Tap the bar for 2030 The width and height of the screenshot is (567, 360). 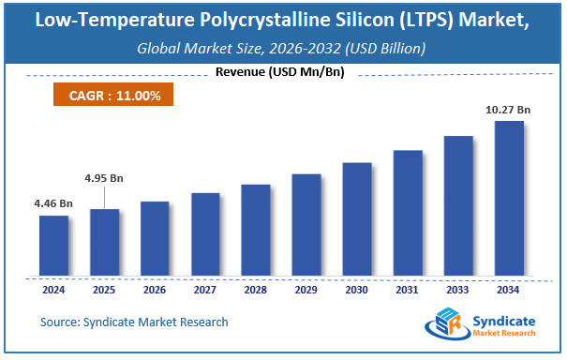point(357,219)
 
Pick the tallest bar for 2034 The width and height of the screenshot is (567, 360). point(509,198)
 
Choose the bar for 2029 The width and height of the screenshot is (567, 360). point(306,225)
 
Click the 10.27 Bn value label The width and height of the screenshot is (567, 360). point(509,110)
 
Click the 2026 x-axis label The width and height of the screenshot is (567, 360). point(155,291)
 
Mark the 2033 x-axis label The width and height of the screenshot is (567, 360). point(458,291)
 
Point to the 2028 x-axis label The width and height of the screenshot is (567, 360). point(256,291)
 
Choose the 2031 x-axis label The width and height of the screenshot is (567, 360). point(408,291)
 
